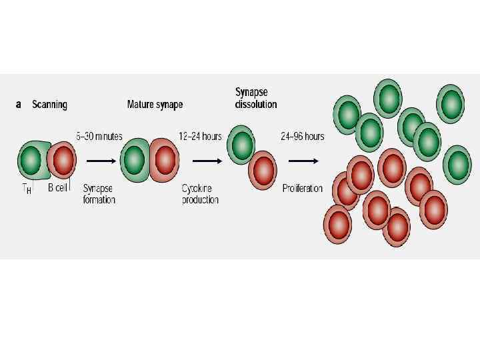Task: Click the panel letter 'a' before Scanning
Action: point(18,105)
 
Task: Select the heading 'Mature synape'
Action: point(155,105)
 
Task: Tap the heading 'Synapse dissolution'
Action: point(255,98)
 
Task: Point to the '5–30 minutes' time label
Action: point(99,137)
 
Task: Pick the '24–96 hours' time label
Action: point(302,137)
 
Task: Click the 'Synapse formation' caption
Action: point(99,194)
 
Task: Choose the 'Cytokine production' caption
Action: point(200,194)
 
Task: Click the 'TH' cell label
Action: point(25,189)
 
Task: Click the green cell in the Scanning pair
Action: point(30,160)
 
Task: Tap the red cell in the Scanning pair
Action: point(63,160)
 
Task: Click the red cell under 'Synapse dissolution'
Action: point(262,170)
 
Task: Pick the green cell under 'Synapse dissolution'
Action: point(241,144)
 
